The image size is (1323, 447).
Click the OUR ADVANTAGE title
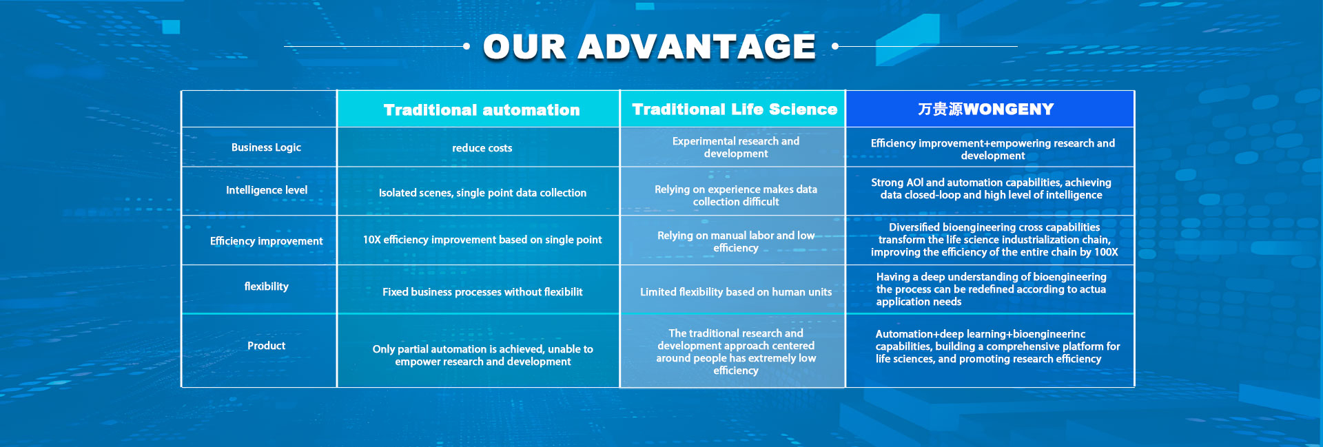(649, 47)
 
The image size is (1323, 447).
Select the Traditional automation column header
(482, 110)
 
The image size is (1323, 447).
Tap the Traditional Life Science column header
(735, 110)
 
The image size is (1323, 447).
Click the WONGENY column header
(986, 110)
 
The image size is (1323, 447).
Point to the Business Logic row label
(266, 147)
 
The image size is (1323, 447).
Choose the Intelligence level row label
(267, 190)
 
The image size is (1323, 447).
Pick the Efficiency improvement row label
(266, 241)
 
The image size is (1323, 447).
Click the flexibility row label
(266, 287)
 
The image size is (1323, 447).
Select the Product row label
(266, 346)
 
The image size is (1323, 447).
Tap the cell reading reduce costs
(482, 148)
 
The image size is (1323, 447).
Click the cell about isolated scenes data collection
(482, 193)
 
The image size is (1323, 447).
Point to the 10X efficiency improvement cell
(482, 240)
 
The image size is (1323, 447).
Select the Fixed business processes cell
(482, 292)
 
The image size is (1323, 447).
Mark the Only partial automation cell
(482, 355)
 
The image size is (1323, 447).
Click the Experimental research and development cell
(736, 147)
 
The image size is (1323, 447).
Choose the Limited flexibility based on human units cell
(736, 292)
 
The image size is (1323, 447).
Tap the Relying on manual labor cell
(736, 242)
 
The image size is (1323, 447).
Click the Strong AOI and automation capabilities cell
(991, 189)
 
